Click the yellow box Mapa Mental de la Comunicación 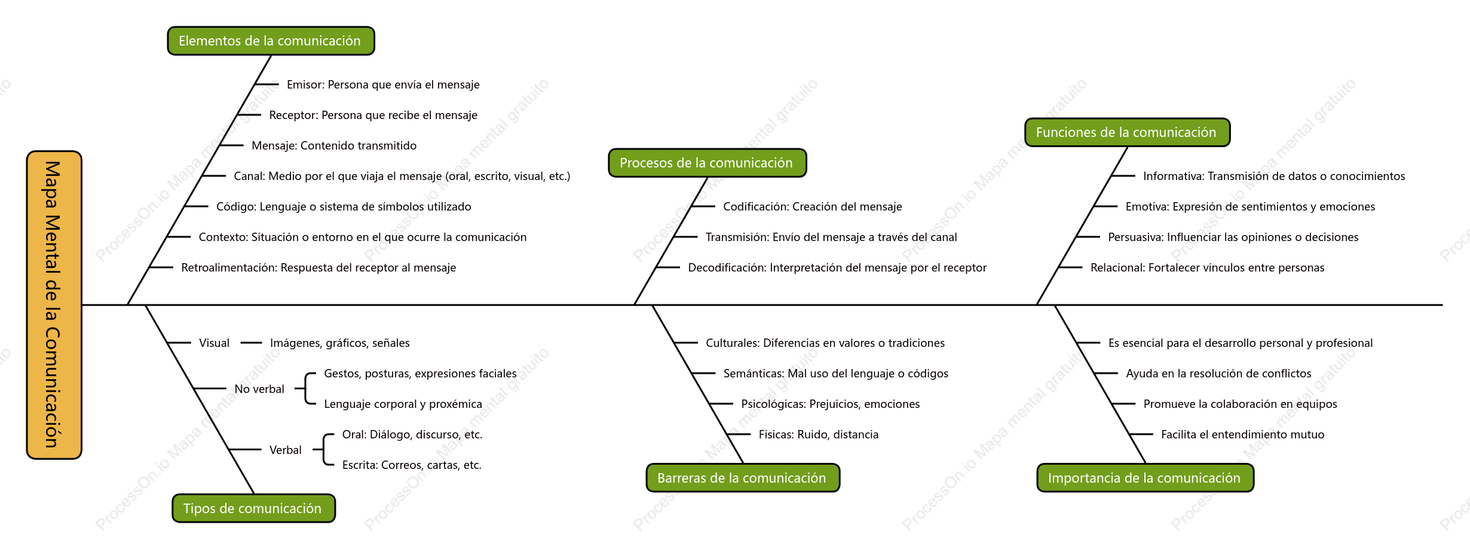click(54, 305)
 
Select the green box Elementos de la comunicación click(271, 41)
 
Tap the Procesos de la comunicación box click(707, 163)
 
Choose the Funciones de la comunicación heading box click(1127, 132)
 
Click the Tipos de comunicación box click(253, 508)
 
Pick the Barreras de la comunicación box click(743, 478)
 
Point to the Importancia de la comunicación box click(1145, 478)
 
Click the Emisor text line click(383, 85)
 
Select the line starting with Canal click(402, 176)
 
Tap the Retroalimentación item click(318, 268)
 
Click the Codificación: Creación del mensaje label click(813, 207)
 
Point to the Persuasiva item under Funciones click(1233, 237)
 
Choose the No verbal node click(259, 389)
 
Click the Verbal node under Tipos click(286, 450)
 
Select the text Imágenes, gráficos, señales click(340, 343)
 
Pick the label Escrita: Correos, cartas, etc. click(412, 465)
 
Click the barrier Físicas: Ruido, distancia click(819, 435)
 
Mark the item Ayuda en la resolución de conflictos click(1219, 374)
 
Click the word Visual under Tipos click(215, 343)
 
